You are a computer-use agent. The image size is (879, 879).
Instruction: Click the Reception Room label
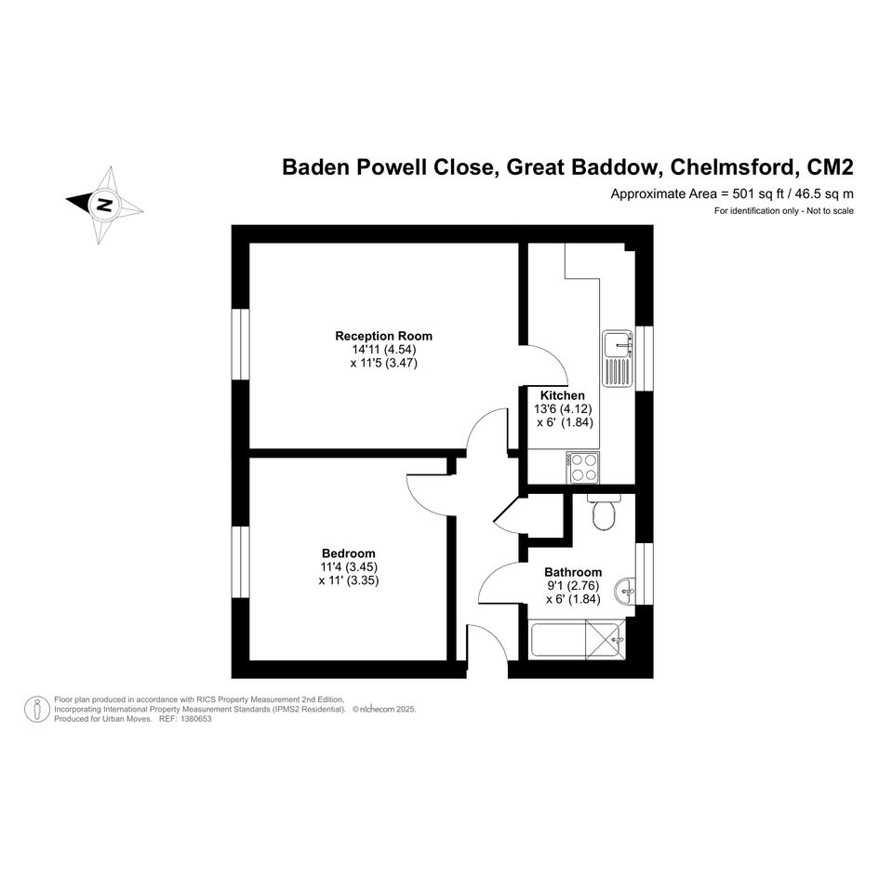coord(383,337)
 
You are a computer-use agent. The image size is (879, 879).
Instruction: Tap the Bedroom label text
coord(348,553)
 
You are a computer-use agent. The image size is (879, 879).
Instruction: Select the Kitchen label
coord(562,395)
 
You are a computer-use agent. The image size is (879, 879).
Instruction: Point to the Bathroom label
coord(573,572)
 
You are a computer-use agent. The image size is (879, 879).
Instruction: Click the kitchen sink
coord(619,359)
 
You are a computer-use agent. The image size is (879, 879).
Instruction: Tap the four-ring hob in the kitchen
coord(583,468)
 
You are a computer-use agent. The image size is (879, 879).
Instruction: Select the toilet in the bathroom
coord(604,513)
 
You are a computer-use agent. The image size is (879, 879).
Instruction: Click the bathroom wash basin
coord(625,591)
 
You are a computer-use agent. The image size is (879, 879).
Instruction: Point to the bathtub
coord(577,640)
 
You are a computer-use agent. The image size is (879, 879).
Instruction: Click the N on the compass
coord(104,205)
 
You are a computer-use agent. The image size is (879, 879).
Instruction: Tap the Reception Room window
coord(241,343)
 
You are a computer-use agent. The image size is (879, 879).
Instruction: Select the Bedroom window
coord(241,562)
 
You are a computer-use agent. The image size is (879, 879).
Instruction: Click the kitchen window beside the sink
coord(645,358)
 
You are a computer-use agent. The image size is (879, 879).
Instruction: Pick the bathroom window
coord(645,574)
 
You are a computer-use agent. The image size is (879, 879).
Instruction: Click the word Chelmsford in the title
coord(735,167)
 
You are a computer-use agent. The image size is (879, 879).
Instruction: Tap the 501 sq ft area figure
coord(758,194)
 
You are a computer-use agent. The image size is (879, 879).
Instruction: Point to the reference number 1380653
coord(193,719)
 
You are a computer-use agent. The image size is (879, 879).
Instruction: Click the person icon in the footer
coord(37,709)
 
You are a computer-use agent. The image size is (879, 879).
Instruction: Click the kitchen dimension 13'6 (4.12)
coord(563,408)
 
